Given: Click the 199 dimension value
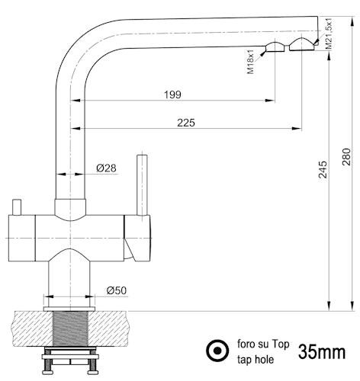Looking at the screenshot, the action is click(x=172, y=94).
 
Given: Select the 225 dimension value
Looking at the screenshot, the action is click(x=186, y=123).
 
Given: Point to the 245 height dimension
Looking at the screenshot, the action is click(x=323, y=169).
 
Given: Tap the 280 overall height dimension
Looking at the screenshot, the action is click(x=346, y=157).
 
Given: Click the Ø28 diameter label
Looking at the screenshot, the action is click(x=106, y=168).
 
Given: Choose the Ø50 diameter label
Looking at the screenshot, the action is click(x=117, y=290).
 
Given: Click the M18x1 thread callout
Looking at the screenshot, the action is click(x=250, y=62).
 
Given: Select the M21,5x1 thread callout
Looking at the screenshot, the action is click(x=329, y=34).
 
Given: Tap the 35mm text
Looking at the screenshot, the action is click(x=322, y=352).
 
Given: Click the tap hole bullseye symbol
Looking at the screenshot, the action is click(x=217, y=351).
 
